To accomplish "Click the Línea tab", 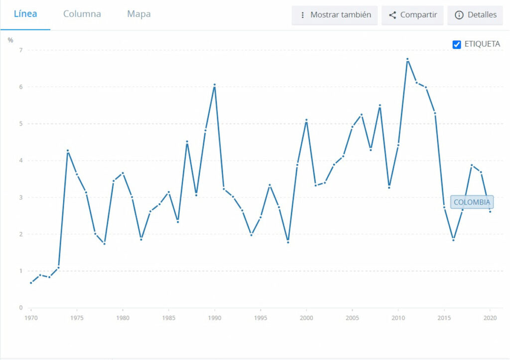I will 25,14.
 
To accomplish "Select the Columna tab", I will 82,14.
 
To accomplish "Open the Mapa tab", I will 139,14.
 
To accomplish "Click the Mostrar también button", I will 335,15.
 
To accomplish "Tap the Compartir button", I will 412,15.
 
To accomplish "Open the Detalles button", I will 476,15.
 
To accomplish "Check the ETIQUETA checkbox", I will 457,44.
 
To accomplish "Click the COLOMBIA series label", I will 472,202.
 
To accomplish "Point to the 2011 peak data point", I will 407,59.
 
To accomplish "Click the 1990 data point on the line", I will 215,85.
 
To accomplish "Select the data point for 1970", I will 31,283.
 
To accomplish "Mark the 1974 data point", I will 68,150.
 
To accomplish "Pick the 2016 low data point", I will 453,240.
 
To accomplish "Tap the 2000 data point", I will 306,120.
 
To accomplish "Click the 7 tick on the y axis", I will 21,50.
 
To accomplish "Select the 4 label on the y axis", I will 21,160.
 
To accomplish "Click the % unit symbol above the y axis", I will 10,40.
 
